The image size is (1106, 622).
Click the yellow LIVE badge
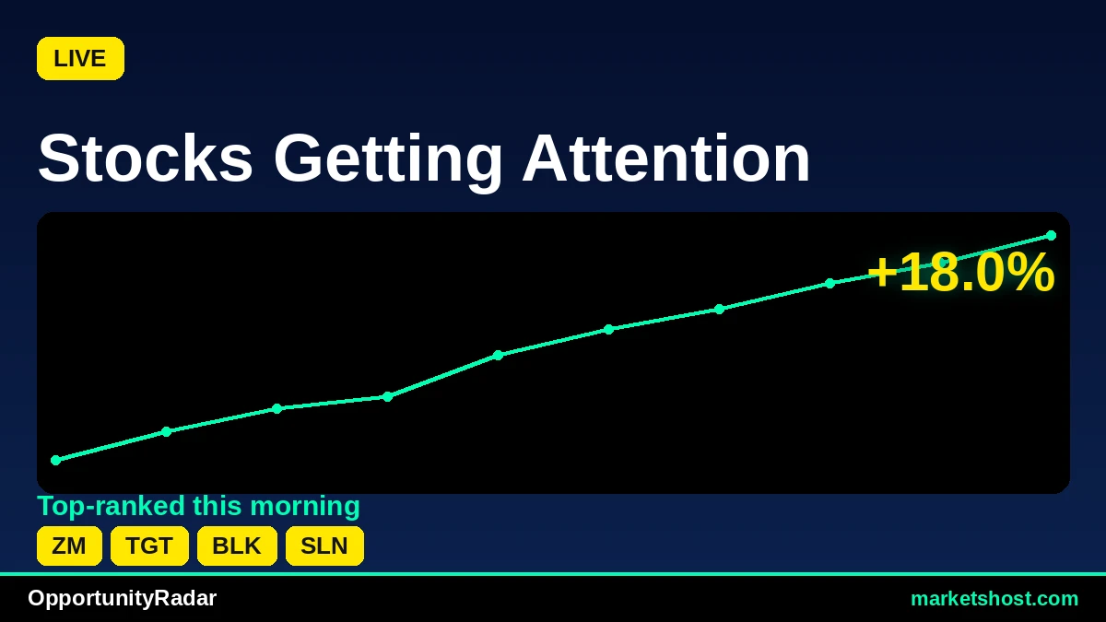(x=80, y=58)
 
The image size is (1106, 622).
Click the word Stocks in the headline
(x=146, y=158)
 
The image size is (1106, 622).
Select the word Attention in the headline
(x=666, y=158)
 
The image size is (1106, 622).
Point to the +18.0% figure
(x=960, y=273)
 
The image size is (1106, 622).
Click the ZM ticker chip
(x=70, y=546)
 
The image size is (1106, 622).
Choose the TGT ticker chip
(x=149, y=546)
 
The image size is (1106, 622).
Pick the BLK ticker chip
(x=237, y=546)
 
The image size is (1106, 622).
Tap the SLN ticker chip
(x=324, y=546)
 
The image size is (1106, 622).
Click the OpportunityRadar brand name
(x=122, y=598)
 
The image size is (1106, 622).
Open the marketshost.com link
(x=994, y=599)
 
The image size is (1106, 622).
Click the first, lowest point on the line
(x=56, y=460)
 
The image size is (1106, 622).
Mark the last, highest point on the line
(x=1052, y=236)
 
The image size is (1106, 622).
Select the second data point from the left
(x=167, y=431)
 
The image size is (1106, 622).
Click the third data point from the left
(x=277, y=409)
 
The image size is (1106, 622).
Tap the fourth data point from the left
(x=388, y=396)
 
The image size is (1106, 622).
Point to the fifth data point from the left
(x=499, y=355)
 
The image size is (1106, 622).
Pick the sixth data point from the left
(x=609, y=329)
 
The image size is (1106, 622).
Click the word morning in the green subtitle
(x=305, y=507)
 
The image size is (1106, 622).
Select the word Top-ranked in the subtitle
(x=111, y=507)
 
